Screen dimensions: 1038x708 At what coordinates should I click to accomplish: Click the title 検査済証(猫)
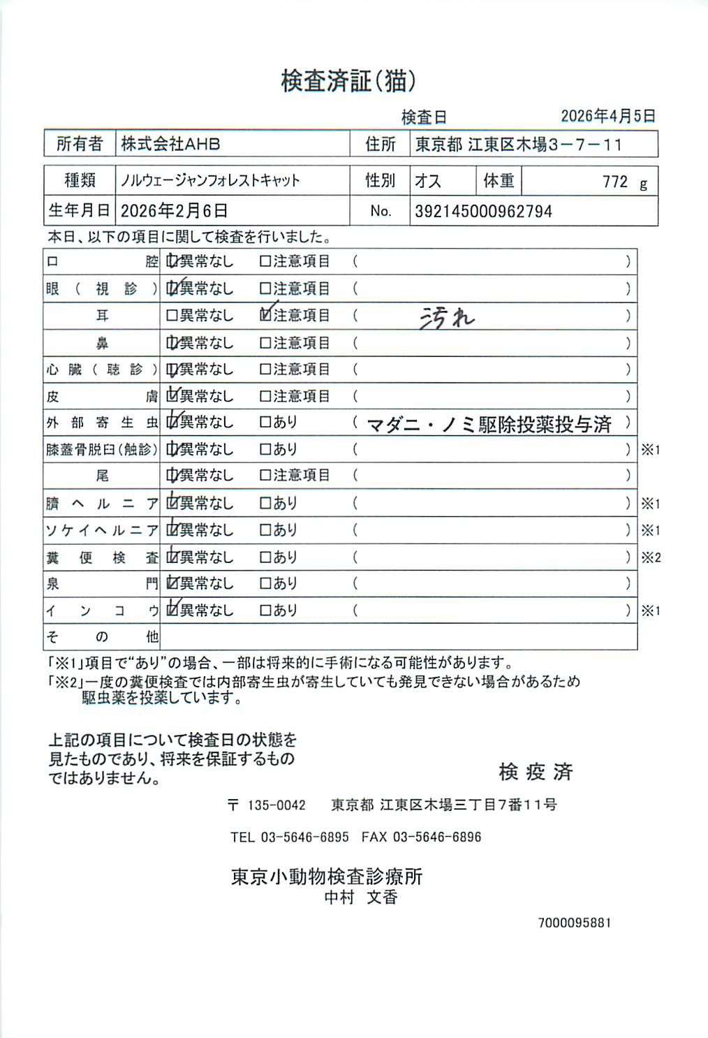tap(348, 82)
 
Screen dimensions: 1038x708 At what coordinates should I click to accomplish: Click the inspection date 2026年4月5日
tap(607, 116)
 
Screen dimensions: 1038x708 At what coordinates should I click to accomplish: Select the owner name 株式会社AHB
tap(170, 144)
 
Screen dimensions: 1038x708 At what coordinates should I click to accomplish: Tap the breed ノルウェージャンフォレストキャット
tap(210, 180)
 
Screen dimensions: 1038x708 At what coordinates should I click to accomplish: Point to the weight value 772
tap(615, 182)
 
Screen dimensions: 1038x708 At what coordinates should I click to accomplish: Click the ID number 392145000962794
tap(483, 211)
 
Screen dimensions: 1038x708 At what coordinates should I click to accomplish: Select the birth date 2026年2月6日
tap(174, 211)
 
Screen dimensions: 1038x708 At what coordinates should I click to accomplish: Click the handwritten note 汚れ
tap(446, 318)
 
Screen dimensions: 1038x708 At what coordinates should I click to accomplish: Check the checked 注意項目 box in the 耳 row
tap(265, 315)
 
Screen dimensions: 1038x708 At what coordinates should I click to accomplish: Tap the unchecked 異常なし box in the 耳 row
tap(172, 316)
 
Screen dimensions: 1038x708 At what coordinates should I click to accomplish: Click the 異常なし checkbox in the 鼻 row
tap(172, 343)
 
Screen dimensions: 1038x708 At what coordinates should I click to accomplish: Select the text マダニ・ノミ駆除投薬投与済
tap(489, 424)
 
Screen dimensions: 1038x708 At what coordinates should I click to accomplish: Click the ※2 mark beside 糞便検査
tap(651, 557)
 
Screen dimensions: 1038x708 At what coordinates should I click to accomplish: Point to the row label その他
tap(102, 636)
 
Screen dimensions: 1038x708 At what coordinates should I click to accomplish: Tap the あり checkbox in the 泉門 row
tap(265, 583)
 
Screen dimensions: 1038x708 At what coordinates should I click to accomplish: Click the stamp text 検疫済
tap(536, 772)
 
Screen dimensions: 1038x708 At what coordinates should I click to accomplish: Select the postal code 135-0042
tap(276, 805)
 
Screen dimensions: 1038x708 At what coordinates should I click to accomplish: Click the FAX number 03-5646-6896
tap(437, 837)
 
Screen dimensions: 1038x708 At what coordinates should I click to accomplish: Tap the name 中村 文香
tap(360, 898)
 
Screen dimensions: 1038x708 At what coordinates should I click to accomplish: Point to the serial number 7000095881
tap(574, 923)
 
